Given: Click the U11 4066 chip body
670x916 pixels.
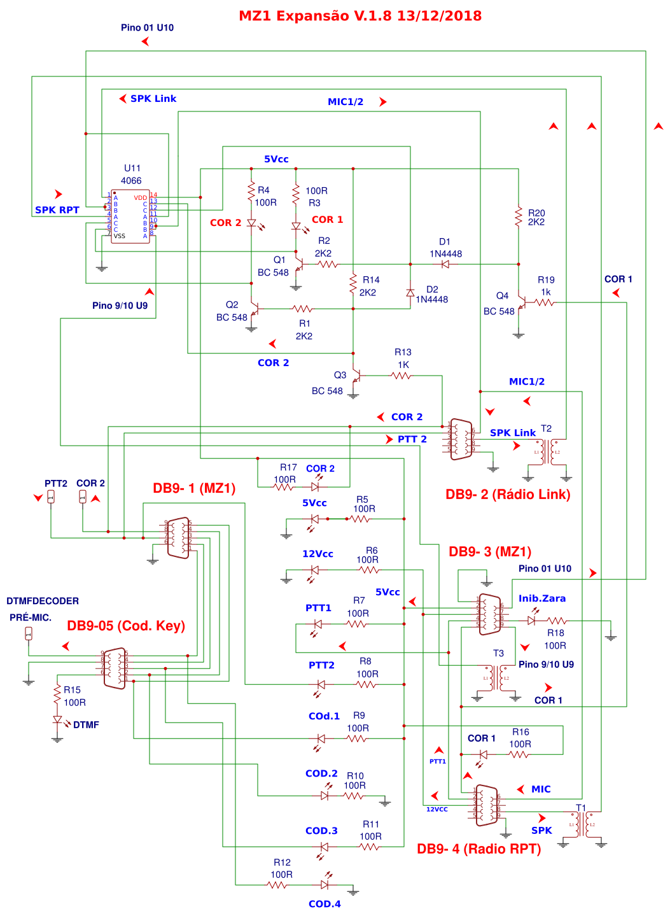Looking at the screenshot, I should pos(130,216).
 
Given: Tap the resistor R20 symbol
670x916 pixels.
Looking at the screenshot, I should pos(519,217).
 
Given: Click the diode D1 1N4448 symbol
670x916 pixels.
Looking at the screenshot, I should pos(445,264).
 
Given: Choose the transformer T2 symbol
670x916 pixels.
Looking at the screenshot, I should pos(546,452).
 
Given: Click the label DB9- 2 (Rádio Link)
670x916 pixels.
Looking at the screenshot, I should pos(508,495).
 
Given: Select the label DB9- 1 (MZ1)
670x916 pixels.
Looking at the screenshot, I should pos(194,488).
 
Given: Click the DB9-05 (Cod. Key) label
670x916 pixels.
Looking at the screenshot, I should pos(126,626).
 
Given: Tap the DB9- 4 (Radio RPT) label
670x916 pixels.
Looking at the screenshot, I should pos(478,849).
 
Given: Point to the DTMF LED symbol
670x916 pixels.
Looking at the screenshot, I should pos(58,721).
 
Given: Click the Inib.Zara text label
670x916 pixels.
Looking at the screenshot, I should pos(541,598).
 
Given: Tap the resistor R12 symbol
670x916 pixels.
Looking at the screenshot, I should pos(278,885).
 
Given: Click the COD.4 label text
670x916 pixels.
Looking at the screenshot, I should pos(325,904).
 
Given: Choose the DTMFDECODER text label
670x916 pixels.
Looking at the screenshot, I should pos(43,601).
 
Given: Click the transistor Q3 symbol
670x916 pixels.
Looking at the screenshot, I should pos(356,377).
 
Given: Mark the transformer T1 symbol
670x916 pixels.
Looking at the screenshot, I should pos(583,824).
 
